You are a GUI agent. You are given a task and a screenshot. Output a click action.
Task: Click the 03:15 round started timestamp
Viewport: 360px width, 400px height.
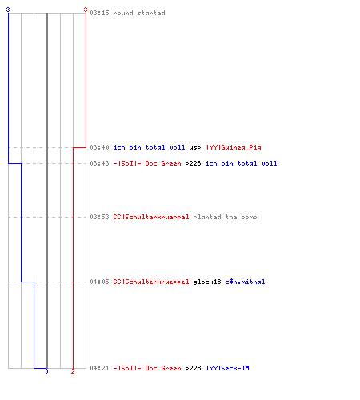point(99,13)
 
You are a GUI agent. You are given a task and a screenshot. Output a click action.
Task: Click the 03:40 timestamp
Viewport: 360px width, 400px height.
point(99,147)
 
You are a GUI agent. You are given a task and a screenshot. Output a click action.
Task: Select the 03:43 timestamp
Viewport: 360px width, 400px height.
point(99,163)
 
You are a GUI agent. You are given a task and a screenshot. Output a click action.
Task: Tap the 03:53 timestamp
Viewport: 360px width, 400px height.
point(99,217)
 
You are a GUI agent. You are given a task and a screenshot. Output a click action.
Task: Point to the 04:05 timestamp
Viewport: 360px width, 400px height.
point(99,282)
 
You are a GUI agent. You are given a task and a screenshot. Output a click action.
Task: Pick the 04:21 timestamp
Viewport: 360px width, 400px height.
point(99,368)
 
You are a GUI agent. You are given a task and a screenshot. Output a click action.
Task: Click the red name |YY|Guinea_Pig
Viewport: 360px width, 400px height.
point(234,147)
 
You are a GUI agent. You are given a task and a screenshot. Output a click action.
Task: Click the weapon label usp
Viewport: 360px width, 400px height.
point(195,148)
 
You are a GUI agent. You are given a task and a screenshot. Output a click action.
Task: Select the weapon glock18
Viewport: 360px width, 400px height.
point(207,282)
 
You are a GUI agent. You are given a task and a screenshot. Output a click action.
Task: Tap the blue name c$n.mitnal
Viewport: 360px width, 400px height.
point(245,282)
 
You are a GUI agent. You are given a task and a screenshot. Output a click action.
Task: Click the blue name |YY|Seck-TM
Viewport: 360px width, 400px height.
point(228,368)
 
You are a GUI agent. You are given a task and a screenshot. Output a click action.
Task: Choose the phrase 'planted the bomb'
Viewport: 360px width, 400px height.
point(225,217)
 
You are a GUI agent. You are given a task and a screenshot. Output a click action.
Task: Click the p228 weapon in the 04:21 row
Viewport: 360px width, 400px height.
point(193,368)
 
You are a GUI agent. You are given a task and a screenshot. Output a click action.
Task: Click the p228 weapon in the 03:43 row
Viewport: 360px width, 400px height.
point(193,163)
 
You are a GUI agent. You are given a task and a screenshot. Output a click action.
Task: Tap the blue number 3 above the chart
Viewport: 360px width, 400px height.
point(8,10)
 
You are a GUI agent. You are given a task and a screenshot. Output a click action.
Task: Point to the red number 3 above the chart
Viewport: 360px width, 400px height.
point(86,10)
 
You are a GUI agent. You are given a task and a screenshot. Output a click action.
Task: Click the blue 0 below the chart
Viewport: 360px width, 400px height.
point(46,371)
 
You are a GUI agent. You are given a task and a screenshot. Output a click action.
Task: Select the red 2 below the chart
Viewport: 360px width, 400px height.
point(73,371)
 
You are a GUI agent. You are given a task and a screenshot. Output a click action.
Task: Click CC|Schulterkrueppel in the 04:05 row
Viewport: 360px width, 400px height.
point(151,282)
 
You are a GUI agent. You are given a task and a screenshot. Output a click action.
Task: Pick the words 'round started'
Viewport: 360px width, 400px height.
point(139,13)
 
